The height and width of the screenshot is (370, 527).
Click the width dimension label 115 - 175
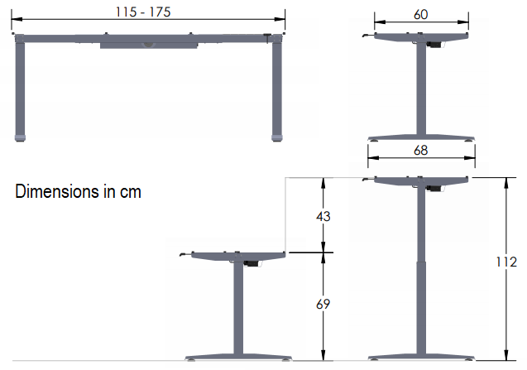(150, 10)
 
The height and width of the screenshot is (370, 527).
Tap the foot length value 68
(422, 151)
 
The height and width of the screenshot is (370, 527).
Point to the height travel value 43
(323, 216)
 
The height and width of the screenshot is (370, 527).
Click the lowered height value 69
(323, 305)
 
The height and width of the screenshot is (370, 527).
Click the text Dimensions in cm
(79, 192)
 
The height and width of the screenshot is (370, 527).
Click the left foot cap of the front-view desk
(21, 137)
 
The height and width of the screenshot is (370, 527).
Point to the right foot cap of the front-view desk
(277, 137)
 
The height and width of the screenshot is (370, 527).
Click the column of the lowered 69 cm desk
(238, 306)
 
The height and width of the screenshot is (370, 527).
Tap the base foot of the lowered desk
(238, 355)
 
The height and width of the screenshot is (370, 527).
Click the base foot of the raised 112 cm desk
(422, 355)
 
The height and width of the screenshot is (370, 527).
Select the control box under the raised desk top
(432, 187)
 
